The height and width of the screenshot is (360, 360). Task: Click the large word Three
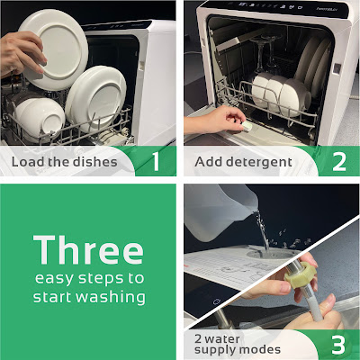[x=88, y=249]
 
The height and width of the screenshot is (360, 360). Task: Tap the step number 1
[x=156, y=161]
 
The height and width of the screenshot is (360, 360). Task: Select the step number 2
[x=339, y=162]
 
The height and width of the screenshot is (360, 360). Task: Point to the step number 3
[x=338, y=345]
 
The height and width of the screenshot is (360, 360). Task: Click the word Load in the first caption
[x=28, y=162]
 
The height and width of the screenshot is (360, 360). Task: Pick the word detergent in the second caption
[x=259, y=162]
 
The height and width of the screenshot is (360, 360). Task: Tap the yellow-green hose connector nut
[x=301, y=275]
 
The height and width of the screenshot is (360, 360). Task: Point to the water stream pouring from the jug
[x=262, y=230]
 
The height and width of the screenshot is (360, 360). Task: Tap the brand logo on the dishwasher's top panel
[x=327, y=9]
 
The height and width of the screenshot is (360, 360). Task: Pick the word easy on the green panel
[x=54, y=279]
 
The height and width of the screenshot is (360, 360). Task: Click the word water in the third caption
[x=222, y=339]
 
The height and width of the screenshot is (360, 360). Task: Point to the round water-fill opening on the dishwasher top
[x=270, y=255]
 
